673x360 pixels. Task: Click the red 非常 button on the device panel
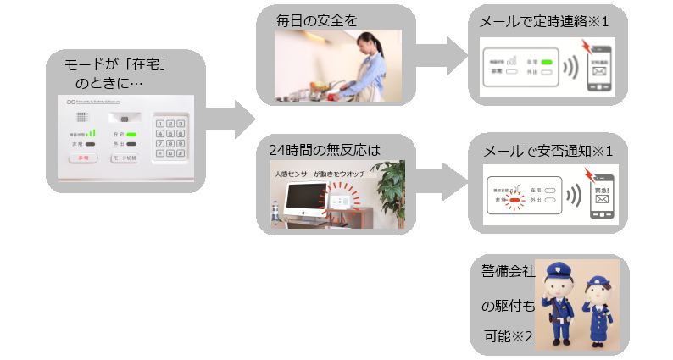tap(83, 158)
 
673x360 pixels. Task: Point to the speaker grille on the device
tap(82, 119)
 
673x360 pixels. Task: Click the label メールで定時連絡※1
tap(548, 22)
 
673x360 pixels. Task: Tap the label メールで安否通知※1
tap(548, 151)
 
